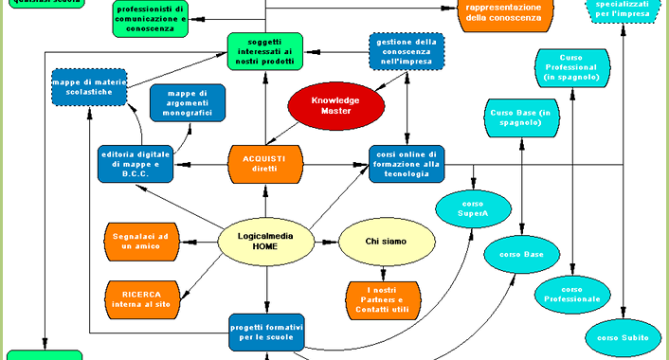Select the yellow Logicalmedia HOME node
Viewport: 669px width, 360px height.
click(265, 242)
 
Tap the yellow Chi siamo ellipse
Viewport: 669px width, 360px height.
click(386, 242)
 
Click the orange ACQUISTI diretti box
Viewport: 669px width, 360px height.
click(264, 163)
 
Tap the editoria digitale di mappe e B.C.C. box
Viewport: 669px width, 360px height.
click(136, 164)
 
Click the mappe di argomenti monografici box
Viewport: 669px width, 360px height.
click(188, 102)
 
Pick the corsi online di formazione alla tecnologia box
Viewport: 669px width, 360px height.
click(406, 164)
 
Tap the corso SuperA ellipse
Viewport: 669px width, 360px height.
click(473, 210)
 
